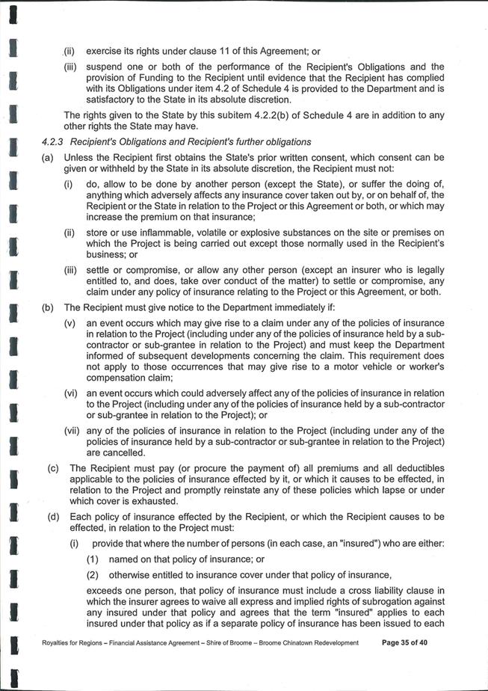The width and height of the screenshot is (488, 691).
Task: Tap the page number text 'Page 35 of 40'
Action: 413,642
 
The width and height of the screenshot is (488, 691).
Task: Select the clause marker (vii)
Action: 72,430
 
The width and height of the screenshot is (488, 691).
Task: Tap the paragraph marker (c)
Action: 53,468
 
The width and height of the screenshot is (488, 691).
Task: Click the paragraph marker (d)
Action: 53,517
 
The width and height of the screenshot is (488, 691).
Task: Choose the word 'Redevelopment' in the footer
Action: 329,642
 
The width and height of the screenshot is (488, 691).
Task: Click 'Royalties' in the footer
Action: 60,642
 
